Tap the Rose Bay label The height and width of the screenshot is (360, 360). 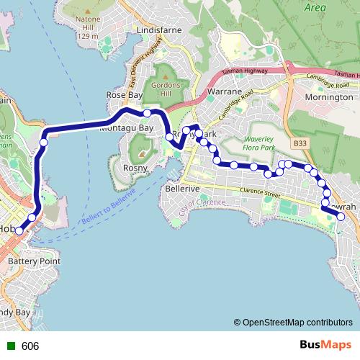[125, 94]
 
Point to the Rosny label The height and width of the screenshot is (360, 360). [136, 168]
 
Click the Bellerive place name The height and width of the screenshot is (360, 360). [182, 188]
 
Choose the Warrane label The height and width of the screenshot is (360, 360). [223, 92]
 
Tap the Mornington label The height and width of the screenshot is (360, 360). [329, 96]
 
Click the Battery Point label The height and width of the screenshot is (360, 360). [34, 261]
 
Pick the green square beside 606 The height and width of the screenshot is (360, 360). [9, 346]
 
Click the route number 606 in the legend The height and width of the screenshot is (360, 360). [30, 346]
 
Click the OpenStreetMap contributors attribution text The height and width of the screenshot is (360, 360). [297, 323]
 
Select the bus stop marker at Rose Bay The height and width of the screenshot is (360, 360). [147, 113]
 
